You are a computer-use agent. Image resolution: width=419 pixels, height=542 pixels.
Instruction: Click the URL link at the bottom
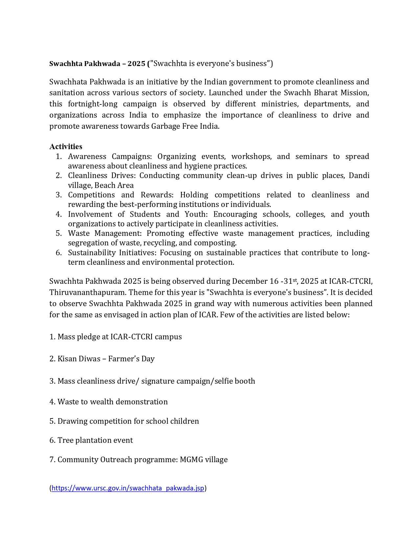click(128, 488)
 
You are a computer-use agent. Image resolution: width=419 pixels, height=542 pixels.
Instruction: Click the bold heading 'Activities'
click(66, 147)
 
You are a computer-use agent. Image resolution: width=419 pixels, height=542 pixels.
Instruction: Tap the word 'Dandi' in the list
click(359, 175)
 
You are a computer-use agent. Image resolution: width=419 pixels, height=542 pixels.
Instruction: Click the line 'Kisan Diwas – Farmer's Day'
click(102, 359)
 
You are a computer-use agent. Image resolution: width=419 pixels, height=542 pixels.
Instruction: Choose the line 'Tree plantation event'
click(91, 440)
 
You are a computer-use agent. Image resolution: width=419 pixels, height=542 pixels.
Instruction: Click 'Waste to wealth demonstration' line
click(108, 402)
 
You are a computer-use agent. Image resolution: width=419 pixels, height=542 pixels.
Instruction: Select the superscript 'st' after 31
click(295, 280)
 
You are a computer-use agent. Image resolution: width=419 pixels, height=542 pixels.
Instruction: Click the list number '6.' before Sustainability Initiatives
click(58, 253)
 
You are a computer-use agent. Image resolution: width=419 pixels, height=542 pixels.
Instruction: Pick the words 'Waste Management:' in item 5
click(105, 233)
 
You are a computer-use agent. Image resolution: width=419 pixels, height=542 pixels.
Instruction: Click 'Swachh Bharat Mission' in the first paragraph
click(326, 93)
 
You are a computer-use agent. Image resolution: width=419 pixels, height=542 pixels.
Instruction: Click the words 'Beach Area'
click(114, 185)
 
